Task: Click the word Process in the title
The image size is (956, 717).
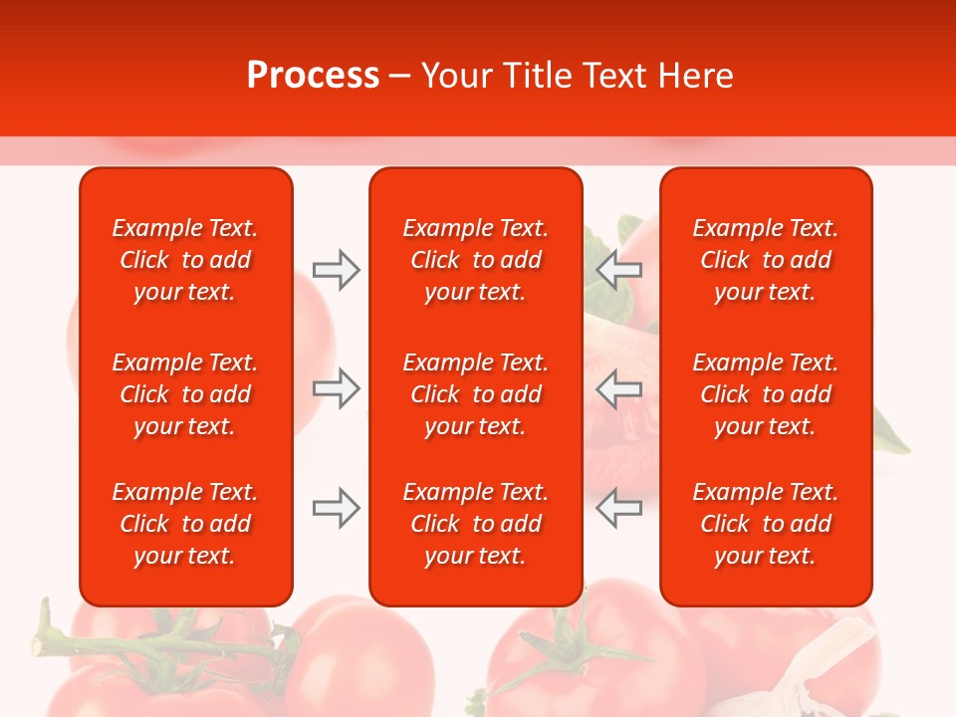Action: coord(313,76)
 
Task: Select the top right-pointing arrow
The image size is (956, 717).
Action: coord(337,270)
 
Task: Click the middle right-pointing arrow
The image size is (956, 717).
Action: coord(337,387)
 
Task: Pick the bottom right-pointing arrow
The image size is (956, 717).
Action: coord(337,508)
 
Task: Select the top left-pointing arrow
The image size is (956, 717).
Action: coord(619,270)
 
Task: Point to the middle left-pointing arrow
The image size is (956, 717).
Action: coord(619,387)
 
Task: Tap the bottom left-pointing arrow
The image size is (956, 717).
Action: coord(619,508)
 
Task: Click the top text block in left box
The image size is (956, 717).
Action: coord(185,260)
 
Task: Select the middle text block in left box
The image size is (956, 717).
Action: coord(185,394)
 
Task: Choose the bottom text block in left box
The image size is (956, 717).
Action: coord(185,524)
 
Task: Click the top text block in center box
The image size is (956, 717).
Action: coord(475,260)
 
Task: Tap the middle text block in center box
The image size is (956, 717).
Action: coord(475,394)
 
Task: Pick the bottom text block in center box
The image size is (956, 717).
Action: coord(475,524)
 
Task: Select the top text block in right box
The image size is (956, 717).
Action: coord(765,260)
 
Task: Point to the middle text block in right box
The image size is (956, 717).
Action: coord(765,394)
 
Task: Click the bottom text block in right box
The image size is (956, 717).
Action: coord(765,524)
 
